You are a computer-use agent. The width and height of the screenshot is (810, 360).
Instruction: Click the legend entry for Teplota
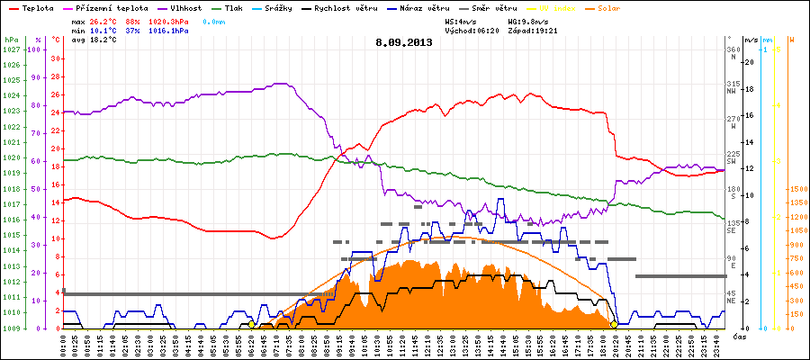point(32,8)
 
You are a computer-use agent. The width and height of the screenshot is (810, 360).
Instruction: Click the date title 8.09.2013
point(404,42)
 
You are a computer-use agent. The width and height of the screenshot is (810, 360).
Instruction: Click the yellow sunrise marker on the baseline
point(251,324)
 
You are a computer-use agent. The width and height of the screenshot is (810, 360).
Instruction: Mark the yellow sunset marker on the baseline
point(614,324)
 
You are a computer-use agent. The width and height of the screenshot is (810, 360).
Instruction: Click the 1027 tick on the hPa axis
point(11,49)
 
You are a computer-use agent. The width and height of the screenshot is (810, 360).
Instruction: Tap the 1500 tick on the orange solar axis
point(797,190)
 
